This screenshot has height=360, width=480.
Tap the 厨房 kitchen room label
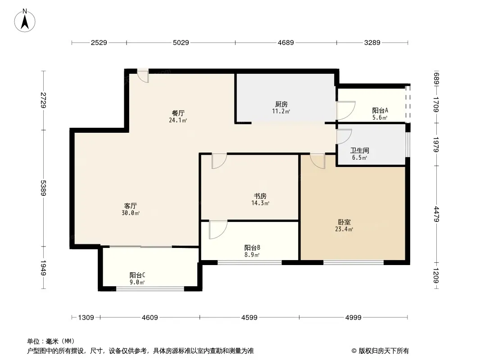tap(281, 104)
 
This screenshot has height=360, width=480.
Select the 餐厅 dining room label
tap(178, 113)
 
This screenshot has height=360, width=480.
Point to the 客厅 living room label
tap(131, 206)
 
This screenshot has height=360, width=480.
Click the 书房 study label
tap(260, 196)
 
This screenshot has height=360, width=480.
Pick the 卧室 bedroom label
tap(344, 222)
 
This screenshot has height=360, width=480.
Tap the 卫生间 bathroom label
tap(359, 150)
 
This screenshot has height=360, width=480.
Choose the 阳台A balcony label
tap(380, 110)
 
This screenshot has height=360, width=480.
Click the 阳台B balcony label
tap(252, 248)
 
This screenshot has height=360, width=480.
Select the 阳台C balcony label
tap(137, 275)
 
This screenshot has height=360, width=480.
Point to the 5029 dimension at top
tap(181, 42)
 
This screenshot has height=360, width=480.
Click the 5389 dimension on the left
tap(43, 188)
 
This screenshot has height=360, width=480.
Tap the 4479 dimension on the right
tap(436, 214)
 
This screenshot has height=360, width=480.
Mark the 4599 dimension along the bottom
tap(249, 318)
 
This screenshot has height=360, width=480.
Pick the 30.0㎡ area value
tap(131, 213)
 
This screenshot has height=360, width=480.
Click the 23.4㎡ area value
tap(344, 229)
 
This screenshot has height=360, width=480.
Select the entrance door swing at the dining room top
tap(143, 76)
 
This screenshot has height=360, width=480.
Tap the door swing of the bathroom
tap(344, 136)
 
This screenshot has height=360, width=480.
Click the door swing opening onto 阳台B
tap(218, 229)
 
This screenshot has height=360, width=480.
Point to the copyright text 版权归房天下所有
tap(384, 351)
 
